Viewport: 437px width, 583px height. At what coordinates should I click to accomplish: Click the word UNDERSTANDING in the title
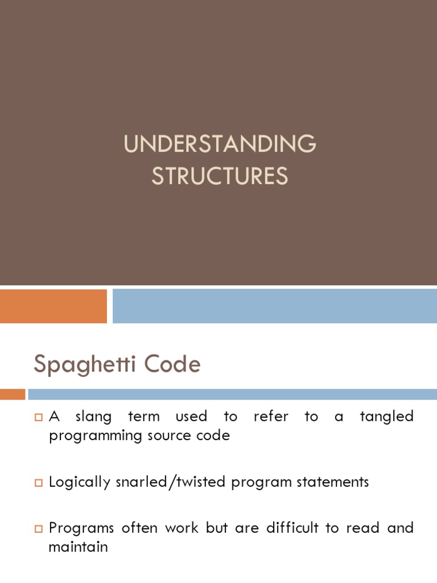coord(220,145)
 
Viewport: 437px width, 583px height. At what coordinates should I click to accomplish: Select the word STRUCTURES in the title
coord(220,176)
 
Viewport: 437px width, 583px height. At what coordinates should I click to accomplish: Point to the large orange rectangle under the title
coord(53,306)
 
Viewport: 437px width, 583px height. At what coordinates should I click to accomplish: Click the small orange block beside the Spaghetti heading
coord(13,394)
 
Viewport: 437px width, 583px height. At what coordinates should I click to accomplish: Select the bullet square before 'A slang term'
coord(39,418)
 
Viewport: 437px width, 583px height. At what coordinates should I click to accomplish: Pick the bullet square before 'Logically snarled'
coord(39,483)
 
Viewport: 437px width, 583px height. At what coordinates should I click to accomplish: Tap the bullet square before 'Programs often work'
coord(39,529)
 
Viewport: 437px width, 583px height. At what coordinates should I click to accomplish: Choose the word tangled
coord(386,417)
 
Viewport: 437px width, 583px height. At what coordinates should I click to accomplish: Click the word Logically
coord(80,482)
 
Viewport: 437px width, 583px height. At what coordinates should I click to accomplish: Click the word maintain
coord(78,547)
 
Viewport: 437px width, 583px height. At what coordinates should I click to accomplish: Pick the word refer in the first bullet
coord(270,417)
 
